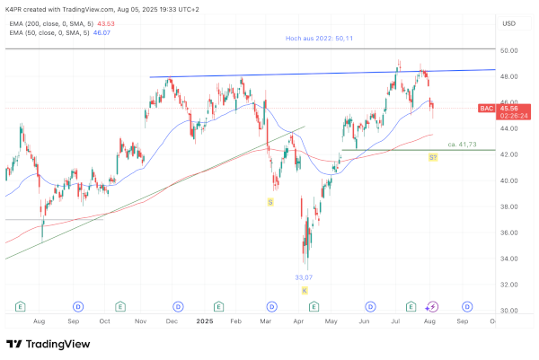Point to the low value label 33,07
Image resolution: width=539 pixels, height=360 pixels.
pos(305,277)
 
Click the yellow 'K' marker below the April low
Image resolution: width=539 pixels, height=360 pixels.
pos(305,291)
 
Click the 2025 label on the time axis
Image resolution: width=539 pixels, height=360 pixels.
pos(206,320)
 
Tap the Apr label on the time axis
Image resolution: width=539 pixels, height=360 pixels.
pos(299,320)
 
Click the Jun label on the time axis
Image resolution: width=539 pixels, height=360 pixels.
pos(365,320)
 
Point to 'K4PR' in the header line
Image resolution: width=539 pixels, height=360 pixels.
pos(15,8)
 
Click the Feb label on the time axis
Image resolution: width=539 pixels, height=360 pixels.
pos(236,320)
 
